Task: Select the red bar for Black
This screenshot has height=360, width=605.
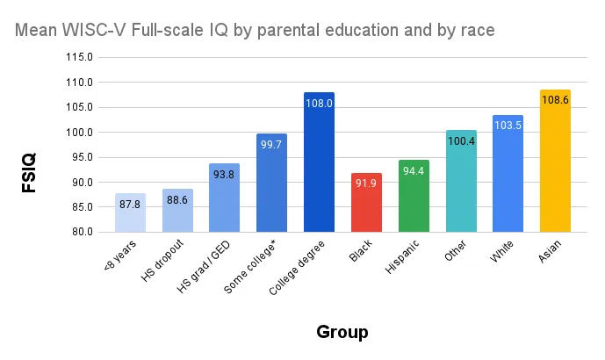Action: (x=366, y=203)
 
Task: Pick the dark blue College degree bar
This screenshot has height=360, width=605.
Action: (x=319, y=162)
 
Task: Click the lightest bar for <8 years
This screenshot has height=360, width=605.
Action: (x=130, y=212)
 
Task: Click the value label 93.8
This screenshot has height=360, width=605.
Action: (x=225, y=175)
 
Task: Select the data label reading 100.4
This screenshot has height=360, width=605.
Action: (x=461, y=141)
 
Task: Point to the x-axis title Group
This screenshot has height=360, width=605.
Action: (x=342, y=332)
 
